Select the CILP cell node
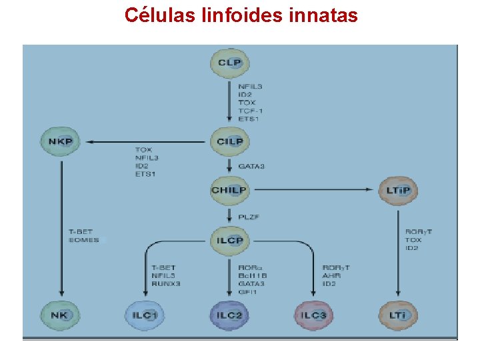click(230, 141)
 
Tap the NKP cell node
click(61, 141)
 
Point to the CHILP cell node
click(229, 190)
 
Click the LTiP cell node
click(399, 191)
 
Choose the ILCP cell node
click(230, 240)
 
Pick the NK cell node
click(61, 314)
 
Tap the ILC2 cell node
click(230, 315)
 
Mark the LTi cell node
click(399, 314)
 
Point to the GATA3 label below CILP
click(251, 166)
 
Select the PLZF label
click(249, 216)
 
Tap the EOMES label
click(83, 240)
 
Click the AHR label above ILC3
click(331, 275)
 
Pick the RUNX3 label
click(166, 283)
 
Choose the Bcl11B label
click(253, 275)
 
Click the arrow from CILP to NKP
click(147, 141)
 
